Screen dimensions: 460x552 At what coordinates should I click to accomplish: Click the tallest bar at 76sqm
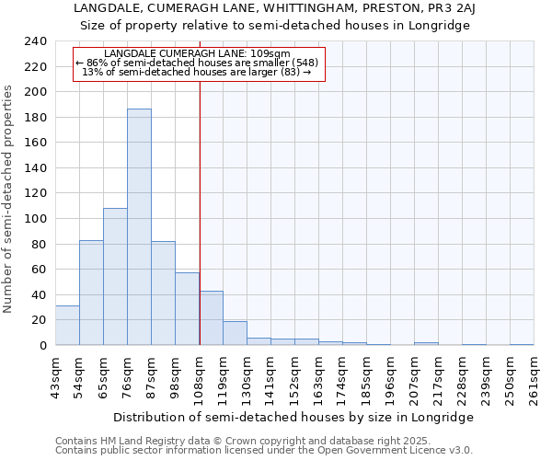coord(139,227)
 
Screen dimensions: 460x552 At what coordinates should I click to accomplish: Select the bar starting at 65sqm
coord(115,276)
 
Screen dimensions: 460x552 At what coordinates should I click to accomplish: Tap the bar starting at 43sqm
coord(67,326)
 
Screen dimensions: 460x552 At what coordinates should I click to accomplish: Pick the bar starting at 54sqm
coord(91,293)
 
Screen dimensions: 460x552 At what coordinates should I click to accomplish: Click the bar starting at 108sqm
coord(211,318)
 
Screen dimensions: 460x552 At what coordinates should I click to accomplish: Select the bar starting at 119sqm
coord(235,333)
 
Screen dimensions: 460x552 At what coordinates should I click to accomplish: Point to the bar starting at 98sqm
coord(187,309)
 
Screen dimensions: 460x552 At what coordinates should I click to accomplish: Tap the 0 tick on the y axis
coord(42,346)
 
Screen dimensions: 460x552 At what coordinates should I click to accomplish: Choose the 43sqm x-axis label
coord(56,377)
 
